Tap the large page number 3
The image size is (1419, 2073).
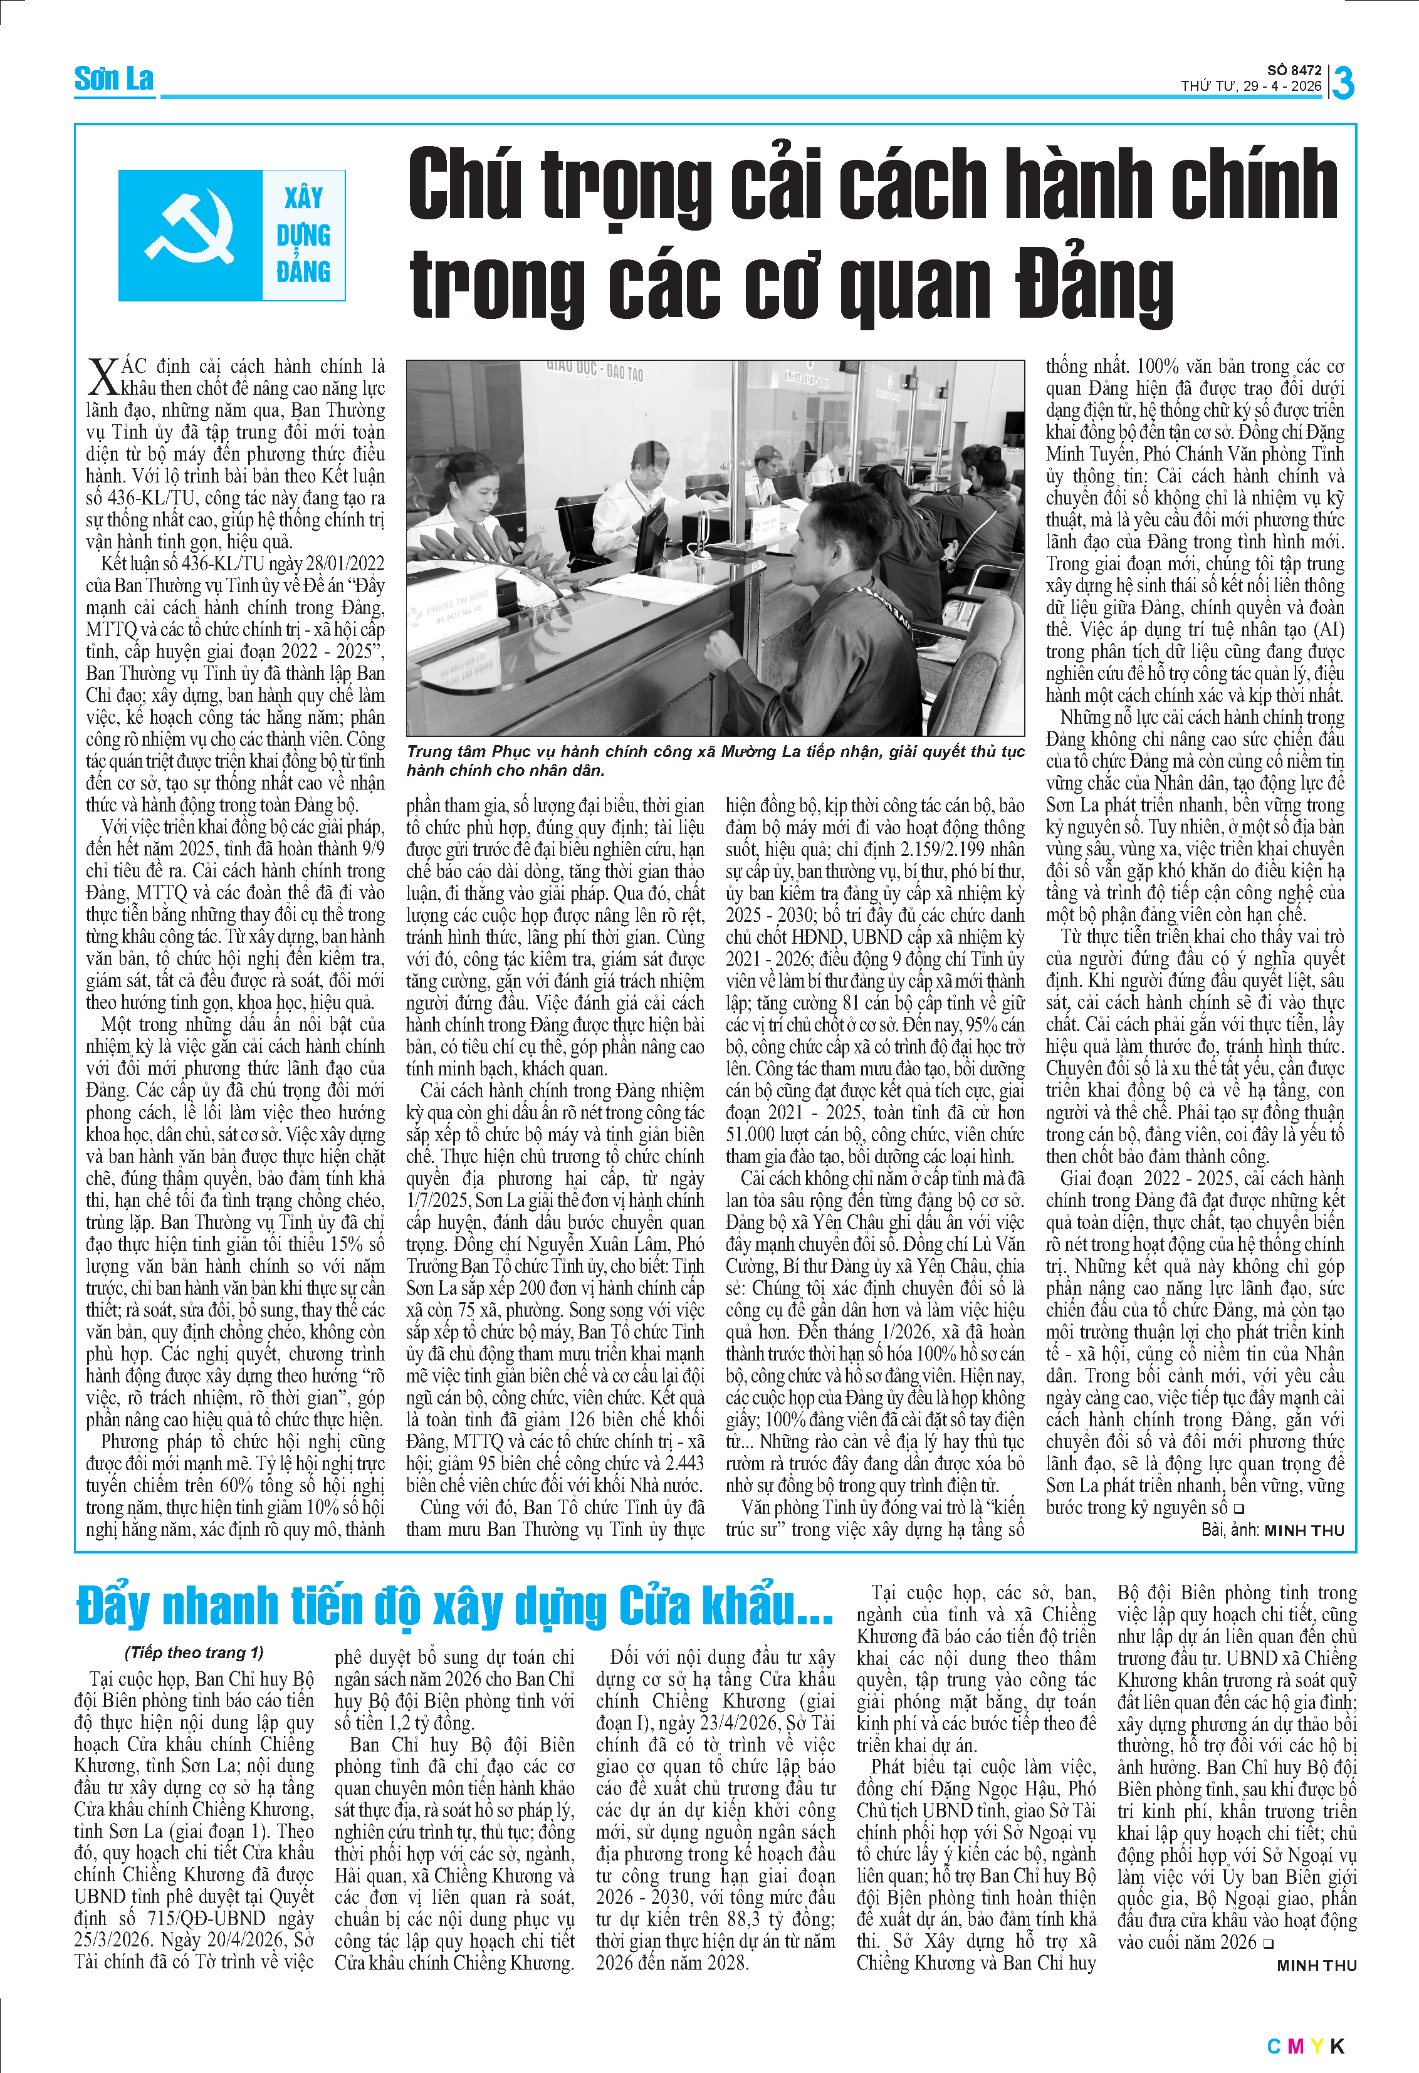1343,83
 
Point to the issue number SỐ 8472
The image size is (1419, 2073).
1294,70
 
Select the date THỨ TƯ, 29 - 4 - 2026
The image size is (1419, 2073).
1251,86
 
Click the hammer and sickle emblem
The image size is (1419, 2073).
190,234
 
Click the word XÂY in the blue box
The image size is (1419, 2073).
303,197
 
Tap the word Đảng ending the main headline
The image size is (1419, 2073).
1094,285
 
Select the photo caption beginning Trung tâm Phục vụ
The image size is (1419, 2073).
715,760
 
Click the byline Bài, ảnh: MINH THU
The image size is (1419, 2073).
1272,1530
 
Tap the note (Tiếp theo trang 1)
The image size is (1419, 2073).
194,1652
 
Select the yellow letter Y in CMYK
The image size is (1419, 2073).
1316,2045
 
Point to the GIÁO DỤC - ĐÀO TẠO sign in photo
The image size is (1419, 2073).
594,369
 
